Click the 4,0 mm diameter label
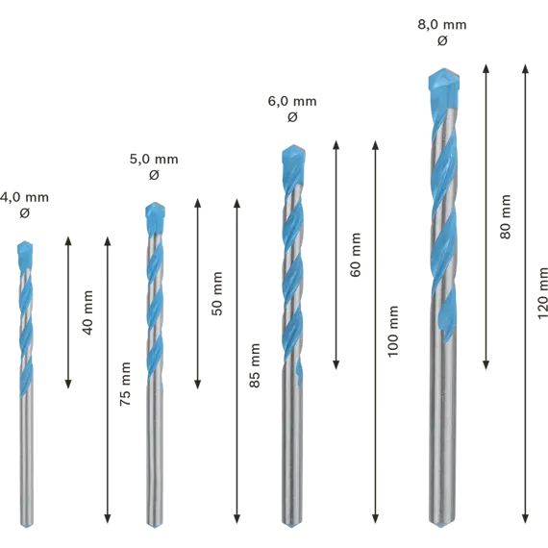[x=24, y=197]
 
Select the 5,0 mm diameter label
[x=154, y=160]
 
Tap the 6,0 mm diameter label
[x=292, y=101]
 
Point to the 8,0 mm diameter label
[x=442, y=25]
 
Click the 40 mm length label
[x=87, y=312]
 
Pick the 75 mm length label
[x=125, y=384]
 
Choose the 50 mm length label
[x=216, y=293]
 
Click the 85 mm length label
[x=255, y=365]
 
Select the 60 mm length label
[x=355, y=255]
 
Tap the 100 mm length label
[x=393, y=332]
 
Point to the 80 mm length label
[x=505, y=216]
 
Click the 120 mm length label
[x=542, y=293]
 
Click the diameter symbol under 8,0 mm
[x=442, y=41]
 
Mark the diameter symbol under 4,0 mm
[x=24, y=212]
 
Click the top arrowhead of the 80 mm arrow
[x=486, y=68]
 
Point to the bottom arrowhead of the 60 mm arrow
[x=336, y=365]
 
